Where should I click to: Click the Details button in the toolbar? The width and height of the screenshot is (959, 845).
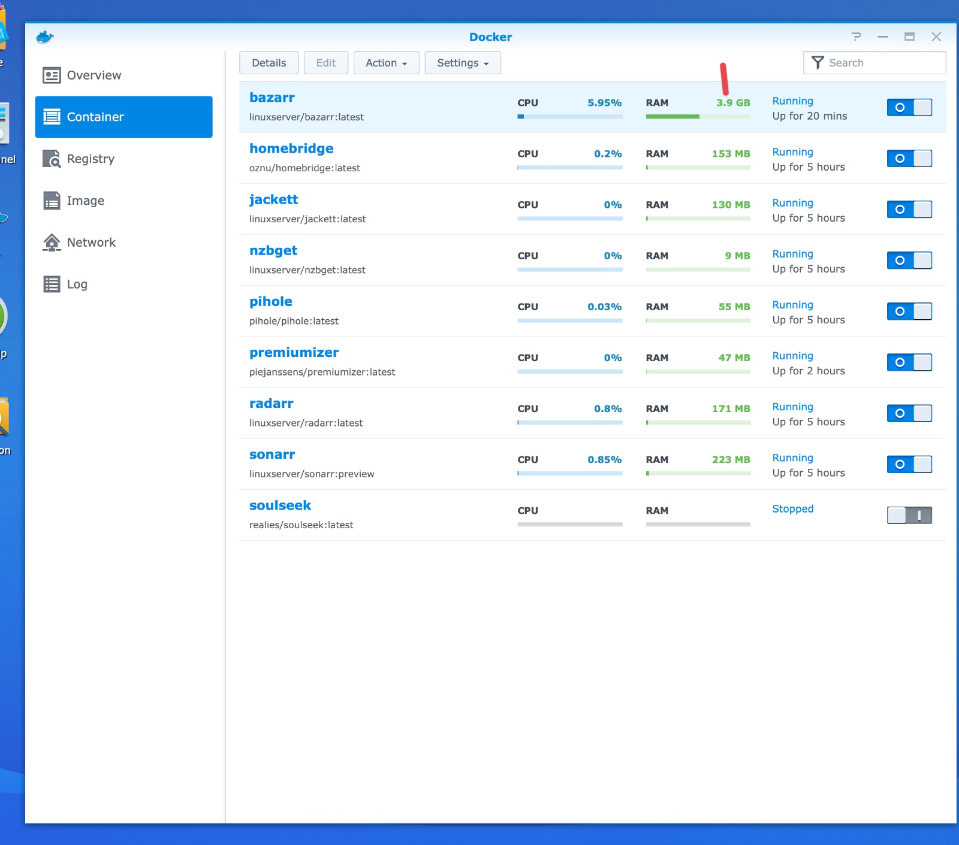269,63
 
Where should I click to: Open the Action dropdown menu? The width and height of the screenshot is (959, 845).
386,63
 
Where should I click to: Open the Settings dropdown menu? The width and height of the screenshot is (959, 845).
462,63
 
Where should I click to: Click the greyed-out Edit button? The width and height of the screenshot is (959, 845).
325,63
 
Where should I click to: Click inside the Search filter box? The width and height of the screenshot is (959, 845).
881,63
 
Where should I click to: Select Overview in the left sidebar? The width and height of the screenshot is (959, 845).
94,75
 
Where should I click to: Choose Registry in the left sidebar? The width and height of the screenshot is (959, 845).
91,159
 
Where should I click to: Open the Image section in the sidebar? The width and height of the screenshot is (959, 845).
85,201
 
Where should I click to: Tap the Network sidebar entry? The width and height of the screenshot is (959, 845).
91,243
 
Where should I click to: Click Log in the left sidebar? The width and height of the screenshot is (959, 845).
77,284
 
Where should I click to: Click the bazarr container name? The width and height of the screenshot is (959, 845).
272,98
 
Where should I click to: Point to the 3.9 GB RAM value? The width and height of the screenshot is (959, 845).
733,103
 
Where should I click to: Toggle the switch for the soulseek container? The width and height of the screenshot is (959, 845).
909,515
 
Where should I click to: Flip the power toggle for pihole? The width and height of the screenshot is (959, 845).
909,311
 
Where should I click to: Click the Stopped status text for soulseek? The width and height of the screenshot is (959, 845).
792,509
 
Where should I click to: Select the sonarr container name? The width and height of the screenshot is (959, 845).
272,455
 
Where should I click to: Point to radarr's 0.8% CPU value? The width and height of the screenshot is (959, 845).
607,409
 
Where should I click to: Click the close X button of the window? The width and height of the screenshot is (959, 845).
936,37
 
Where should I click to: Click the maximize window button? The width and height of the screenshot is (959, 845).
909,37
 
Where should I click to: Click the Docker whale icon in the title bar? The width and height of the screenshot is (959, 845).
45,37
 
